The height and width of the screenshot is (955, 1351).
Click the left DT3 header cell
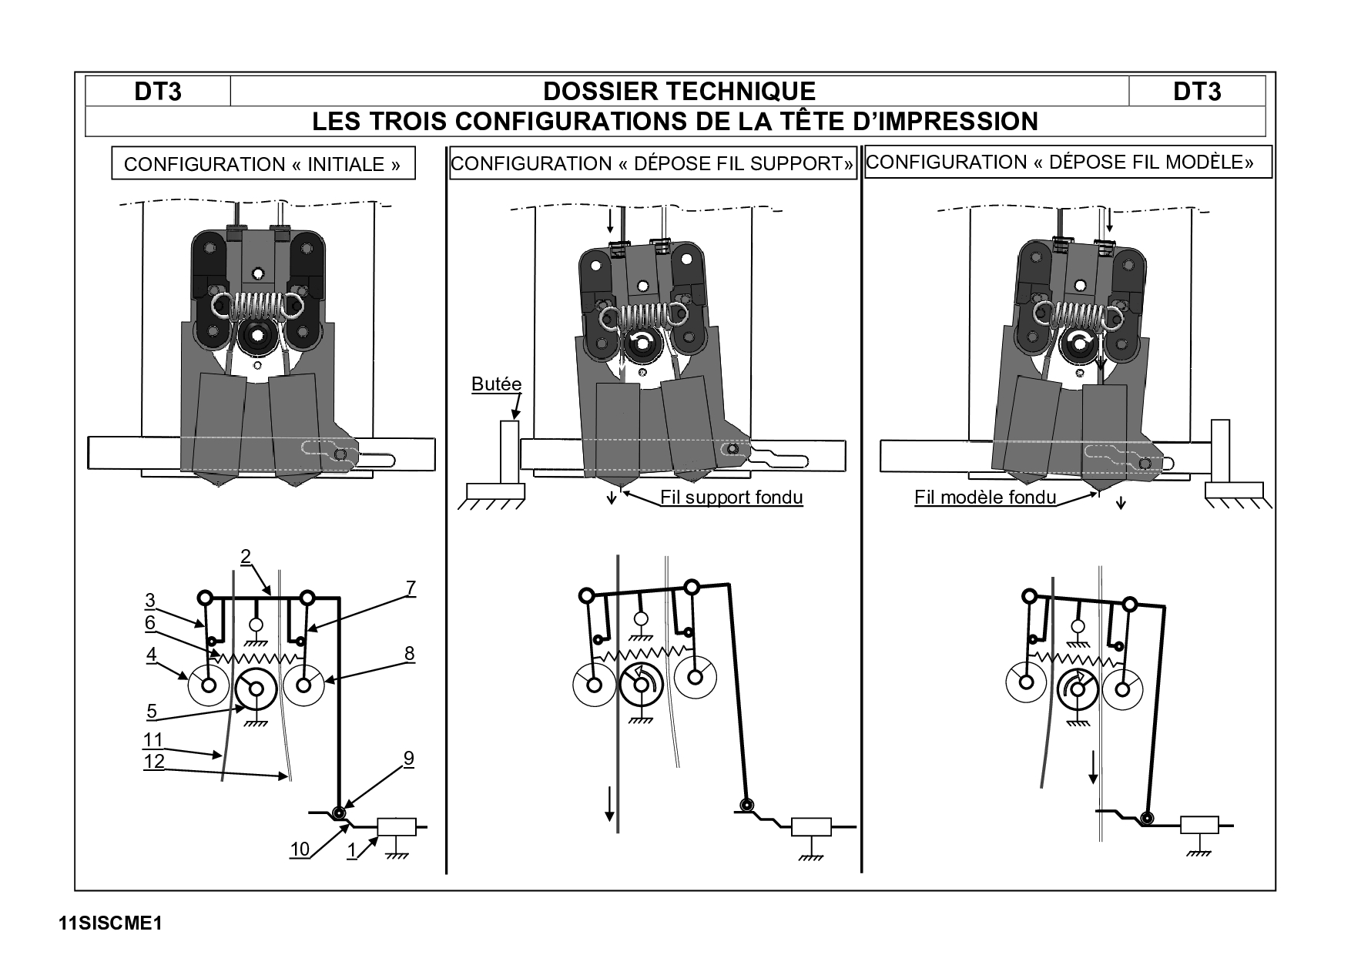(158, 92)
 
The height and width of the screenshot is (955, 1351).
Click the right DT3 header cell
(1197, 92)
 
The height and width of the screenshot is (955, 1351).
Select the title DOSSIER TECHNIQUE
(679, 92)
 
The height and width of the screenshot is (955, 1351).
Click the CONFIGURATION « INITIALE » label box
(263, 163)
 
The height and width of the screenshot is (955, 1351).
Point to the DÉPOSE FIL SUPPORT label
(652, 163)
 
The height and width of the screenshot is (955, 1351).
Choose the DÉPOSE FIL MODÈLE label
(1068, 162)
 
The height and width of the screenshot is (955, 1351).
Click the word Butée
(496, 384)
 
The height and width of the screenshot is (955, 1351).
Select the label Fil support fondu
(732, 497)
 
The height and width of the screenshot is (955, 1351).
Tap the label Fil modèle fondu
(985, 497)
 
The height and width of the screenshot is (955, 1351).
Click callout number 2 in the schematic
(246, 556)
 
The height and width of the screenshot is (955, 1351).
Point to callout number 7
(411, 588)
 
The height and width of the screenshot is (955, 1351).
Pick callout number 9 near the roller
(408, 758)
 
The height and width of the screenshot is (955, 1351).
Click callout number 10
(300, 849)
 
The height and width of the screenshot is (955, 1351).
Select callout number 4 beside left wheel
(152, 655)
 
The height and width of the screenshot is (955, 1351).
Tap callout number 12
(154, 761)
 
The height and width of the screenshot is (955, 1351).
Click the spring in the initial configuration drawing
(256, 305)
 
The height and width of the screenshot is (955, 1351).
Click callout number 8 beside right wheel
(409, 654)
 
